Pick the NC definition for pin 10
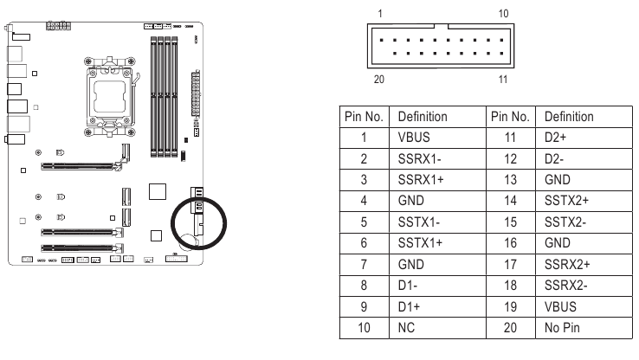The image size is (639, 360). click(406, 329)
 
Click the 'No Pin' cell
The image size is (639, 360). click(564, 329)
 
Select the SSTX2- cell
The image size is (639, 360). click(565, 222)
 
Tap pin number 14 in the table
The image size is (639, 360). click(511, 201)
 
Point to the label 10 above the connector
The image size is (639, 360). click(504, 14)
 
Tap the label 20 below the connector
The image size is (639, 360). click(378, 80)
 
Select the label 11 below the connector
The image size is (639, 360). click(504, 80)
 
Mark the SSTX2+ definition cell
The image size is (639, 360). click(566, 201)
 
